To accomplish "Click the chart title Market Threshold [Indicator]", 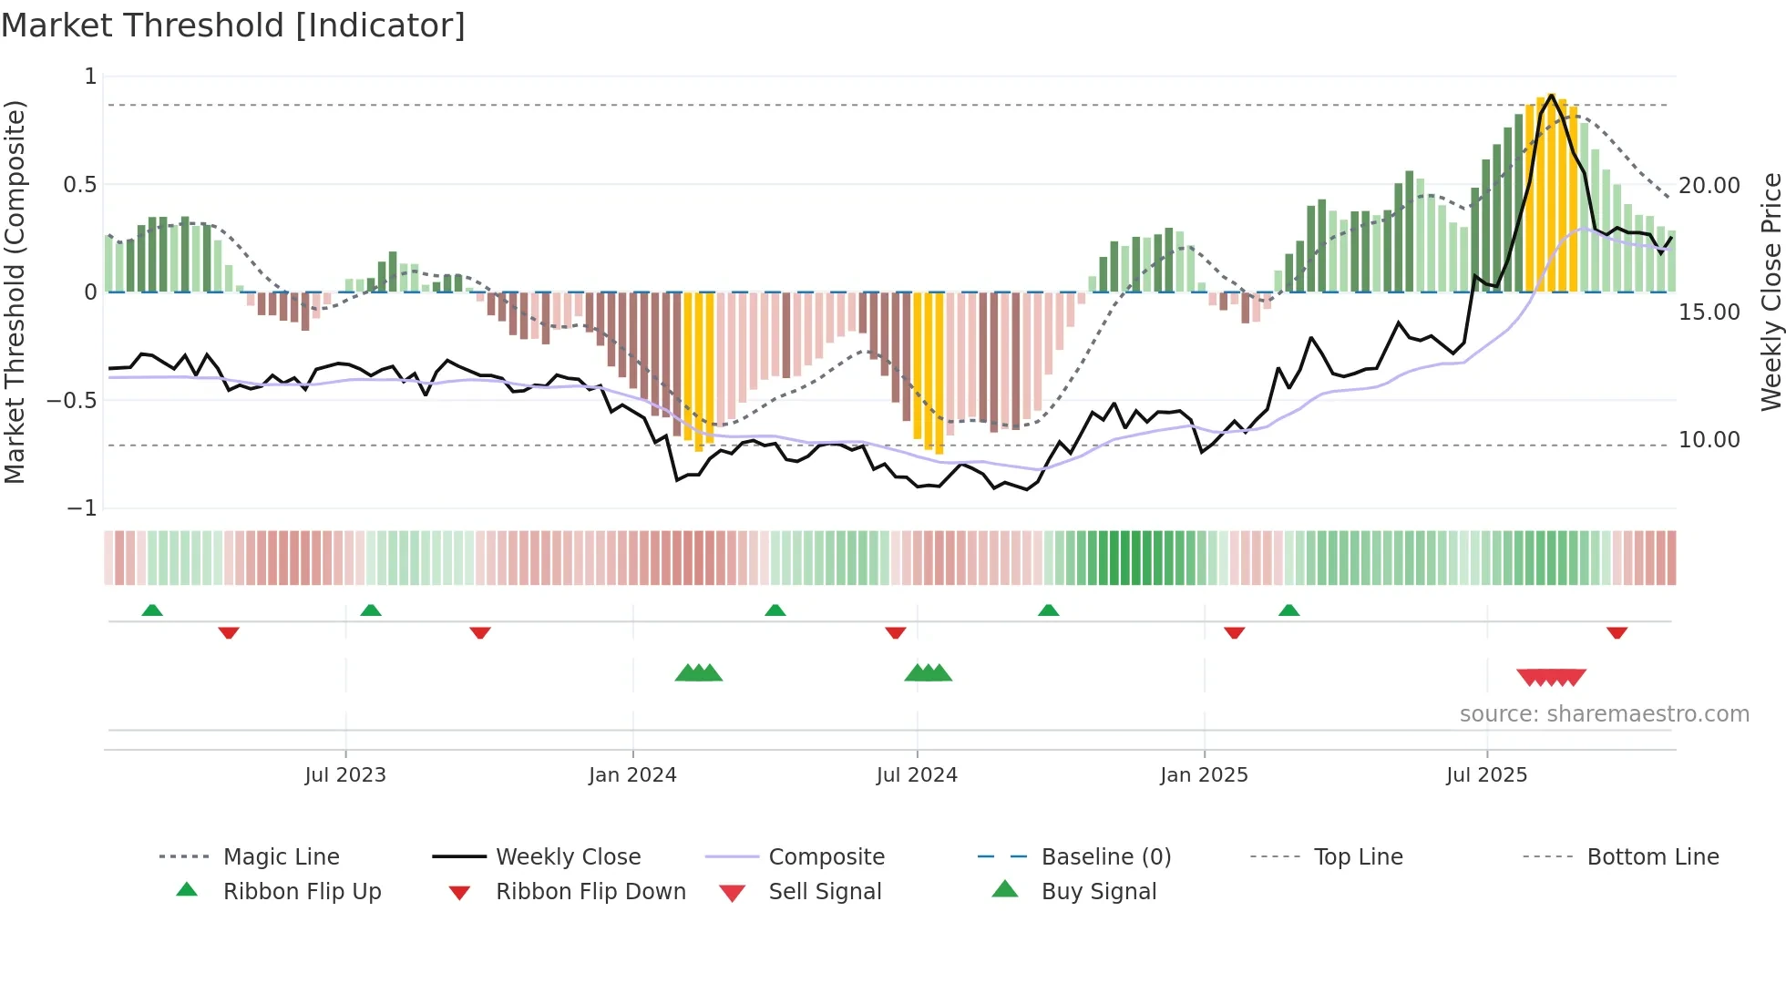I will (233, 26).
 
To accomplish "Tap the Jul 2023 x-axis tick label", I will (345, 775).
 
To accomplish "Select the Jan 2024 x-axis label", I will (632, 775).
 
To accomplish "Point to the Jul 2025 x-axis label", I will (1486, 775).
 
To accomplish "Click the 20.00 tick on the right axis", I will (1709, 186).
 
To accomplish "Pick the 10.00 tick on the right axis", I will (1709, 440).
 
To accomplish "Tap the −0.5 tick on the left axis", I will (72, 401).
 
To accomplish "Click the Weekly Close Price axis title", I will (1771, 292).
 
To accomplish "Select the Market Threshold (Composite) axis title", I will (15, 292).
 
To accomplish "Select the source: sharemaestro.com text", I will (1604, 714).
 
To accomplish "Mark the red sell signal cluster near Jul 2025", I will (1551, 677).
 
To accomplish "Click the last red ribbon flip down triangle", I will (1617, 632).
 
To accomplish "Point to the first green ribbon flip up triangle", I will (152, 610).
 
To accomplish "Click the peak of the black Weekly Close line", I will (1551, 95).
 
